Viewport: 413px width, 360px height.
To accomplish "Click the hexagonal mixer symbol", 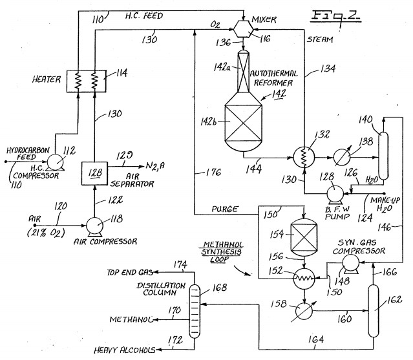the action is (244, 29).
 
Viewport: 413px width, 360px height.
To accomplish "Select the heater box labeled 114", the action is (87, 81).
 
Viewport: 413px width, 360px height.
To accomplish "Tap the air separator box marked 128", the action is (94, 173).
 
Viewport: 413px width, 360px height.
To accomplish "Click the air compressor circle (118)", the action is (94, 226).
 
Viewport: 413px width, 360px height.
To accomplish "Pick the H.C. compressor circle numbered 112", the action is (55, 162).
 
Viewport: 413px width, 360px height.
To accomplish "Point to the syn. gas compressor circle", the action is (350, 262).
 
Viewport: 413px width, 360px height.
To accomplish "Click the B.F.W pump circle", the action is (335, 193).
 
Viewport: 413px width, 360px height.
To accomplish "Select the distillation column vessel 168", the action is (195, 312).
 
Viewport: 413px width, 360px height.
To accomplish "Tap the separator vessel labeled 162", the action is (373, 311).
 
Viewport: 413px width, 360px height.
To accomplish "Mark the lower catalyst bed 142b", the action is (244, 123).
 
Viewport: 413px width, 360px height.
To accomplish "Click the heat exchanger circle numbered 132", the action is (304, 157).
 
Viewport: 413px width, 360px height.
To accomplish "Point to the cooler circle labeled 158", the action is (304, 311).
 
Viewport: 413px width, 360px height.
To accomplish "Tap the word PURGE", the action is (225, 209).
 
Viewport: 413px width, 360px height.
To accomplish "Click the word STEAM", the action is (320, 39).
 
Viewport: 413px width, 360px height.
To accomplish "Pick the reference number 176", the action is (213, 172).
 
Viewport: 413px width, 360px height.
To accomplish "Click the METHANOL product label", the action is (131, 319).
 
